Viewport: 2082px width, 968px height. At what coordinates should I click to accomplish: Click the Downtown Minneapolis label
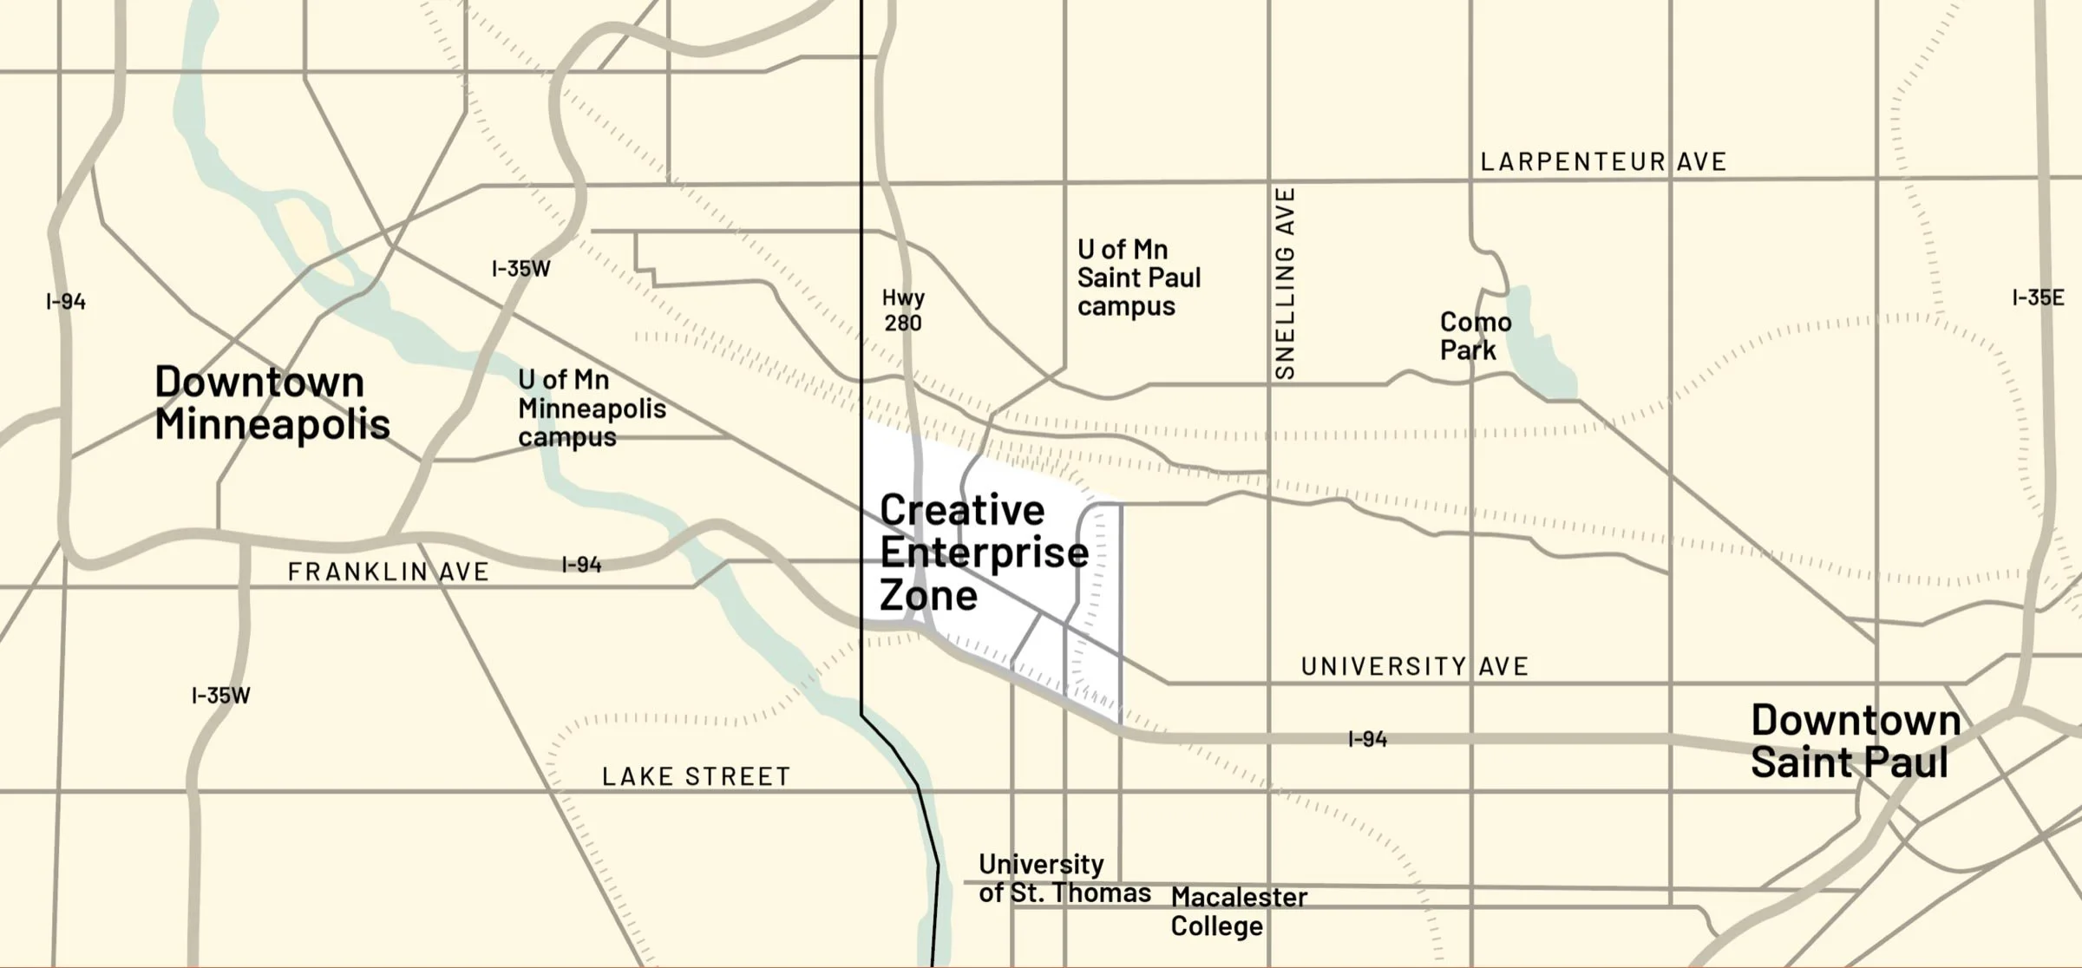tap(272, 403)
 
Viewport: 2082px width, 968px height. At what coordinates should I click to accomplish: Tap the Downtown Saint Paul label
tap(1855, 742)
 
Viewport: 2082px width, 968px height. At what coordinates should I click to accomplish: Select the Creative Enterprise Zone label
tap(984, 553)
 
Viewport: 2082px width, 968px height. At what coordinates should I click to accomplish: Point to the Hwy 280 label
tap(903, 311)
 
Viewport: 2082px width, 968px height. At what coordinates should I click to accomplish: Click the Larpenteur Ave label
tap(1603, 162)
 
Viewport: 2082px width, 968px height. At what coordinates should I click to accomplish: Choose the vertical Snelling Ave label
tap(1285, 283)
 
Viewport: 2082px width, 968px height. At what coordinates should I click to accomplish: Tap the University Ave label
tap(1414, 667)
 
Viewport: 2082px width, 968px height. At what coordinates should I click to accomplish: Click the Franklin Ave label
tap(388, 572)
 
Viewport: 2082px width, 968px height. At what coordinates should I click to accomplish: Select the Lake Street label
tap(696, 777)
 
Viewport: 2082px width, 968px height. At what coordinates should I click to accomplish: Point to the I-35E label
tap(2037, 298)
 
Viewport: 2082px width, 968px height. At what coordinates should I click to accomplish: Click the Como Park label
tap(1475, 337)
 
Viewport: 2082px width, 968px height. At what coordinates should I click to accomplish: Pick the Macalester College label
tap(1238, 912)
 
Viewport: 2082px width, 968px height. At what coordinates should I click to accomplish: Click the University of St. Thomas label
tap(1064, 879)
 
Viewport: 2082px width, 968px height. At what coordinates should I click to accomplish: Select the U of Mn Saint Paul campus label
tap(1138, 278)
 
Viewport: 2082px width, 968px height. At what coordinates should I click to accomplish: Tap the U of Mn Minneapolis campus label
tap(592, 409)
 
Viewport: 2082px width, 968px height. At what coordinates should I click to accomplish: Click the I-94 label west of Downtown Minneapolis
tap(66, 302)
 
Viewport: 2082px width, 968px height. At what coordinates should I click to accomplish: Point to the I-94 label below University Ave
tap(1367, 740)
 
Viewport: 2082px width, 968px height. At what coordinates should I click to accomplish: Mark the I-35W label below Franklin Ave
tap(220, 696)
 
